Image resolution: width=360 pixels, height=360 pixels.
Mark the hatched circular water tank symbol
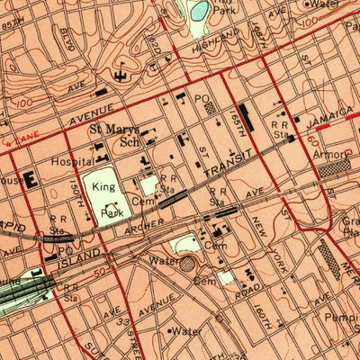pos(186,265)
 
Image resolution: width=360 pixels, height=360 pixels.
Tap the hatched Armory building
pos(334,166)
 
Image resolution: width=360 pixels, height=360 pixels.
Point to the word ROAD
pos(251,293)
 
